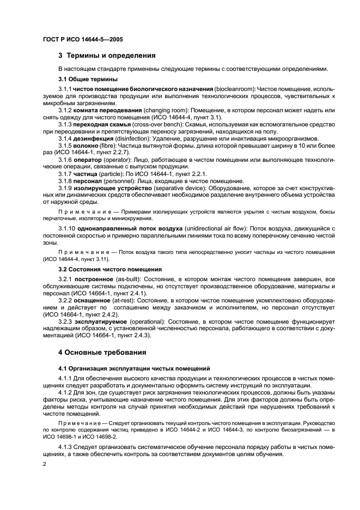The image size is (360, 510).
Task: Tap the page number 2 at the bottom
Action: [x=45, y=463]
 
